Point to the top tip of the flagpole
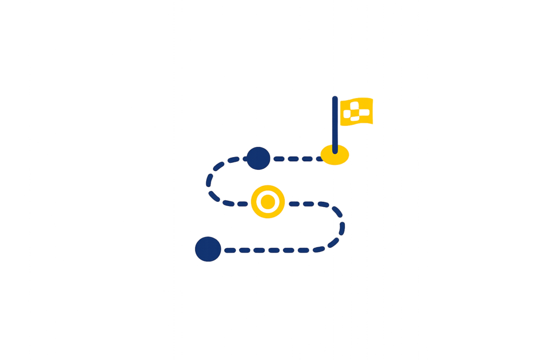[x=335, y=98]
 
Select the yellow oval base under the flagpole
[x=335, y=155]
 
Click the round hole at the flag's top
[x=355, y=105]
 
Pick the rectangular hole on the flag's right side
[x=364, y=112]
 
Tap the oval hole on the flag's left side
[x=346, y=113]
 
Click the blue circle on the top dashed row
[x=258, y=158]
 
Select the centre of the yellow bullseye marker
[x=268, y=201]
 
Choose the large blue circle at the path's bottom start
[x=208, y=249]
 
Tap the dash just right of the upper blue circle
[x=278, y=159]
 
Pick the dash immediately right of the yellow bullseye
[x=294, y=203]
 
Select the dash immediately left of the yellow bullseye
[x=242, y=203]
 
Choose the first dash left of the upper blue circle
[x=234, y=159]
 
